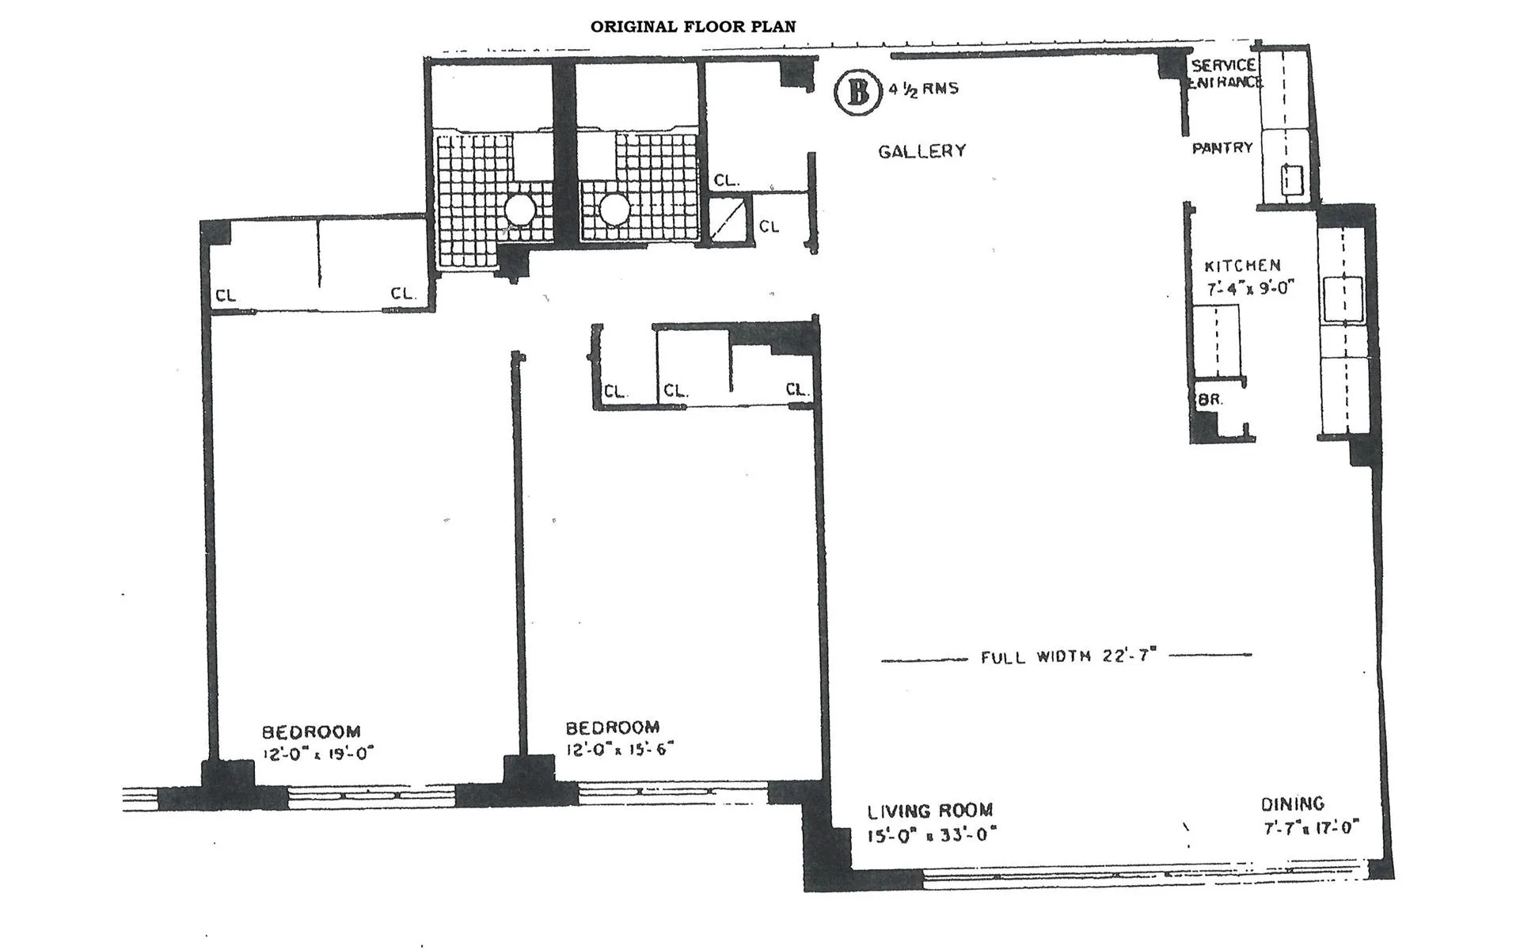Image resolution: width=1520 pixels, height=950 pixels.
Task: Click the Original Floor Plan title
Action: point(693,26)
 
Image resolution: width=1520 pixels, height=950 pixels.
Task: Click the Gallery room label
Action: point(921,151)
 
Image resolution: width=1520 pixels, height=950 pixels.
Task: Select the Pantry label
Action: point(1222,148)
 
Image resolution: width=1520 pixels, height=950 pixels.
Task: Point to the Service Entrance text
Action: point(1224,73)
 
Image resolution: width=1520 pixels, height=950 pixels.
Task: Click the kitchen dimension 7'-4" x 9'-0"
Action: point(1249,288)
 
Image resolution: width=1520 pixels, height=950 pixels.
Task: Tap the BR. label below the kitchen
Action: point(1209,400)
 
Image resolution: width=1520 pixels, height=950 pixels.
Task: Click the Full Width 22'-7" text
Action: point(1068,656)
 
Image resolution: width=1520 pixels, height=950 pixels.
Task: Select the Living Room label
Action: point(929,811)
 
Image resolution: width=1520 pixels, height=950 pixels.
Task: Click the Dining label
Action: point(1292,804)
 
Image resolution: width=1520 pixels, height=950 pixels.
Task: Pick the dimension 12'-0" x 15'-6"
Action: point(618,749)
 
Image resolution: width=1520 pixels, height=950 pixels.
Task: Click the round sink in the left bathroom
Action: point(520,210)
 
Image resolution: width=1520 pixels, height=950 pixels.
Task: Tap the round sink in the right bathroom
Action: point(614,210)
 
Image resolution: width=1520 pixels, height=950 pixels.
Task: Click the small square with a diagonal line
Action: point(726,221)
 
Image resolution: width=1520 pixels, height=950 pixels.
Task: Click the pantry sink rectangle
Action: point(1292,179)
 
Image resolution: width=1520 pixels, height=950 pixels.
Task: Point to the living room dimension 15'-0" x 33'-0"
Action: point(931,834)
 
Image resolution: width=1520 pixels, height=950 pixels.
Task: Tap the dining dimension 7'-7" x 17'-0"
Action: point(1310,828)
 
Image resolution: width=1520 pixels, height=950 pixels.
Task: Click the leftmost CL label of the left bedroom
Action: point(226,296)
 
